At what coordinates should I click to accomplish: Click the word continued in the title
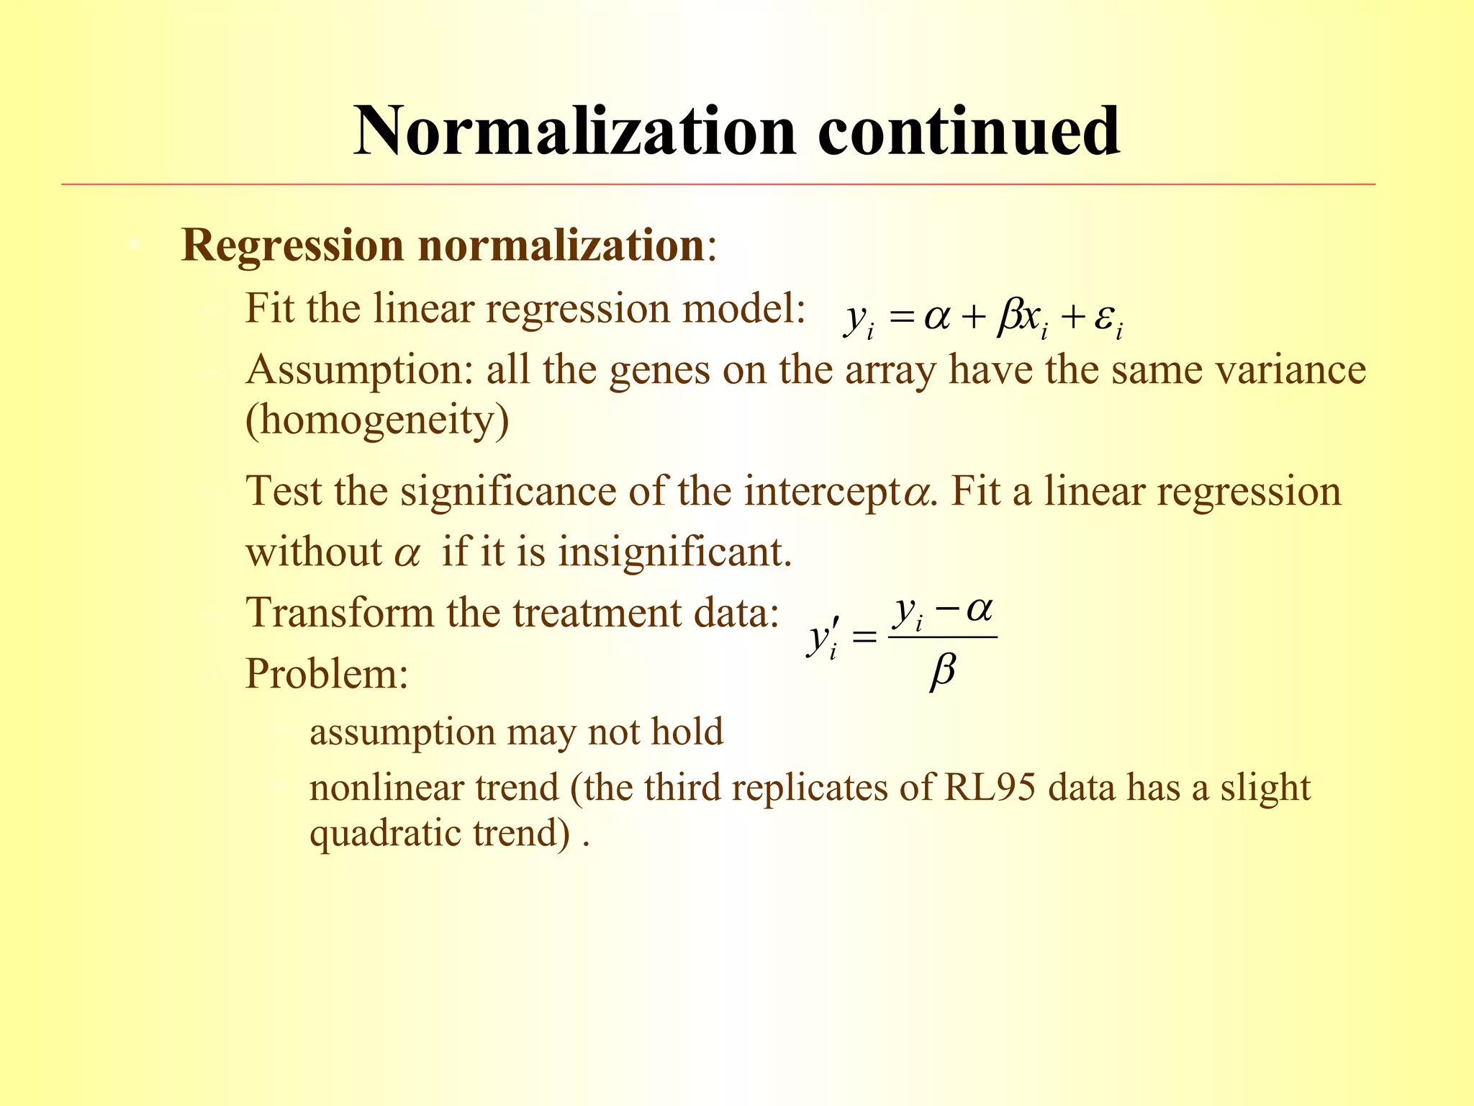tap(968, 131)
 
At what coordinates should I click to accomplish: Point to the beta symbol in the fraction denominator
tap(943, 673)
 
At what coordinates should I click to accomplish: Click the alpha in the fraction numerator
tap(979, 610)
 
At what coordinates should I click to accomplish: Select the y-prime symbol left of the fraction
tap(821, 638)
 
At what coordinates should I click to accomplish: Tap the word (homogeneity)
tap(377, 419)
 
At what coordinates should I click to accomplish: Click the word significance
tap(508, 492)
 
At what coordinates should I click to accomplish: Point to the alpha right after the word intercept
tap(916, 495)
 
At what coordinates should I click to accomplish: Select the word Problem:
tap(327, 675)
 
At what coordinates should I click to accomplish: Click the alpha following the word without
tap(407, 555)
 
